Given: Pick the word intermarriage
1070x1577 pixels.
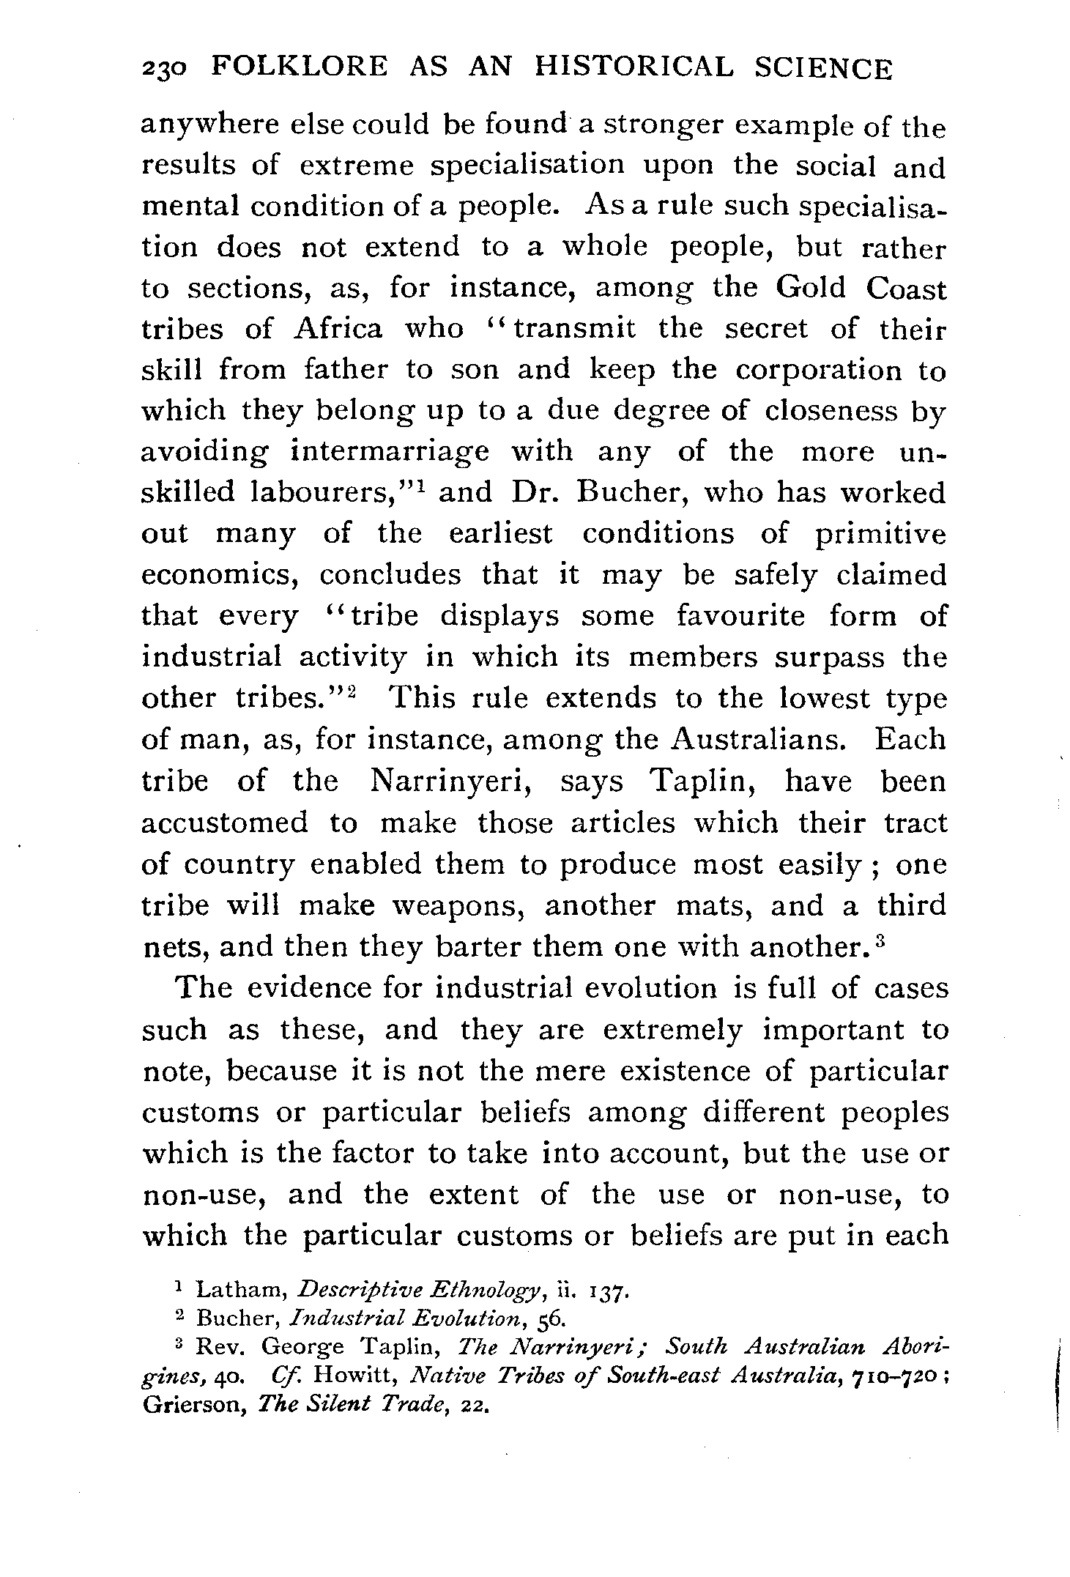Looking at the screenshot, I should pyautogui.click(x=390, y=452).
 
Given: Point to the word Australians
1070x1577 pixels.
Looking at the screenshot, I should pyautogui.click(x=758, y=739).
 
